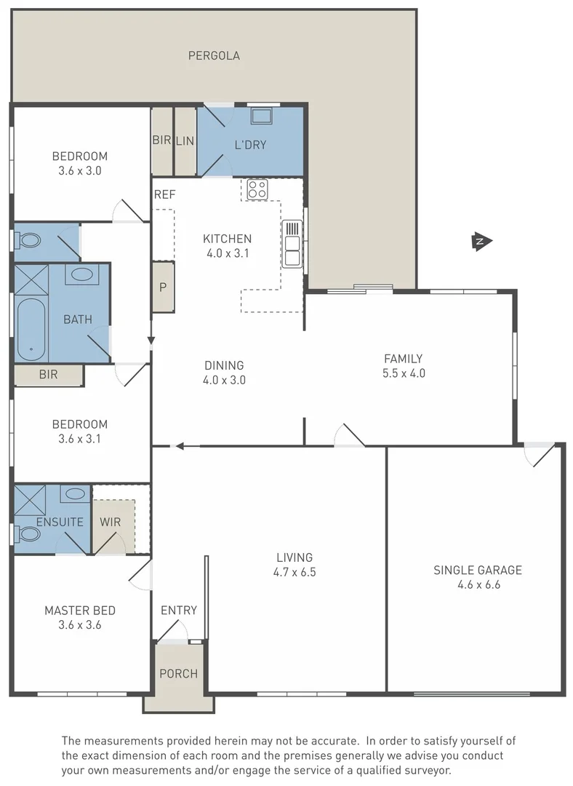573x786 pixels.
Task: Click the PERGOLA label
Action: coord(214,55)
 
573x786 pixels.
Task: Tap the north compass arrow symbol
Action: coord(480,242)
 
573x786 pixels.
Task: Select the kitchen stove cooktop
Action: coord(257,190)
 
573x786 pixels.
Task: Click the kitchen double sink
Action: coord(292,242)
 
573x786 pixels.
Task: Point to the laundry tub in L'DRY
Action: coord(261,116)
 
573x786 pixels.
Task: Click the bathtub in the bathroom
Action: coord(31,330)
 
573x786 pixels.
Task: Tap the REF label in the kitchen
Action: coord(164,194)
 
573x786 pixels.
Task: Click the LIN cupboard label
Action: coord(185,141)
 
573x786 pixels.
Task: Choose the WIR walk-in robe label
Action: coord(110,522)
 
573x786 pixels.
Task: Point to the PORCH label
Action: coord(178,673)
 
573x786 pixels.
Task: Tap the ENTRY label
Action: coord(178,610)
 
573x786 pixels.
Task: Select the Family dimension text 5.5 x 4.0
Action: coord(403,373)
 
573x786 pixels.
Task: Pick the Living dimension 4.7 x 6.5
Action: coord(295,572)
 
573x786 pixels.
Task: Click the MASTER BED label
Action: coord(80,610)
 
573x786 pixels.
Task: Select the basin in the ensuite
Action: coord(75,493)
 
